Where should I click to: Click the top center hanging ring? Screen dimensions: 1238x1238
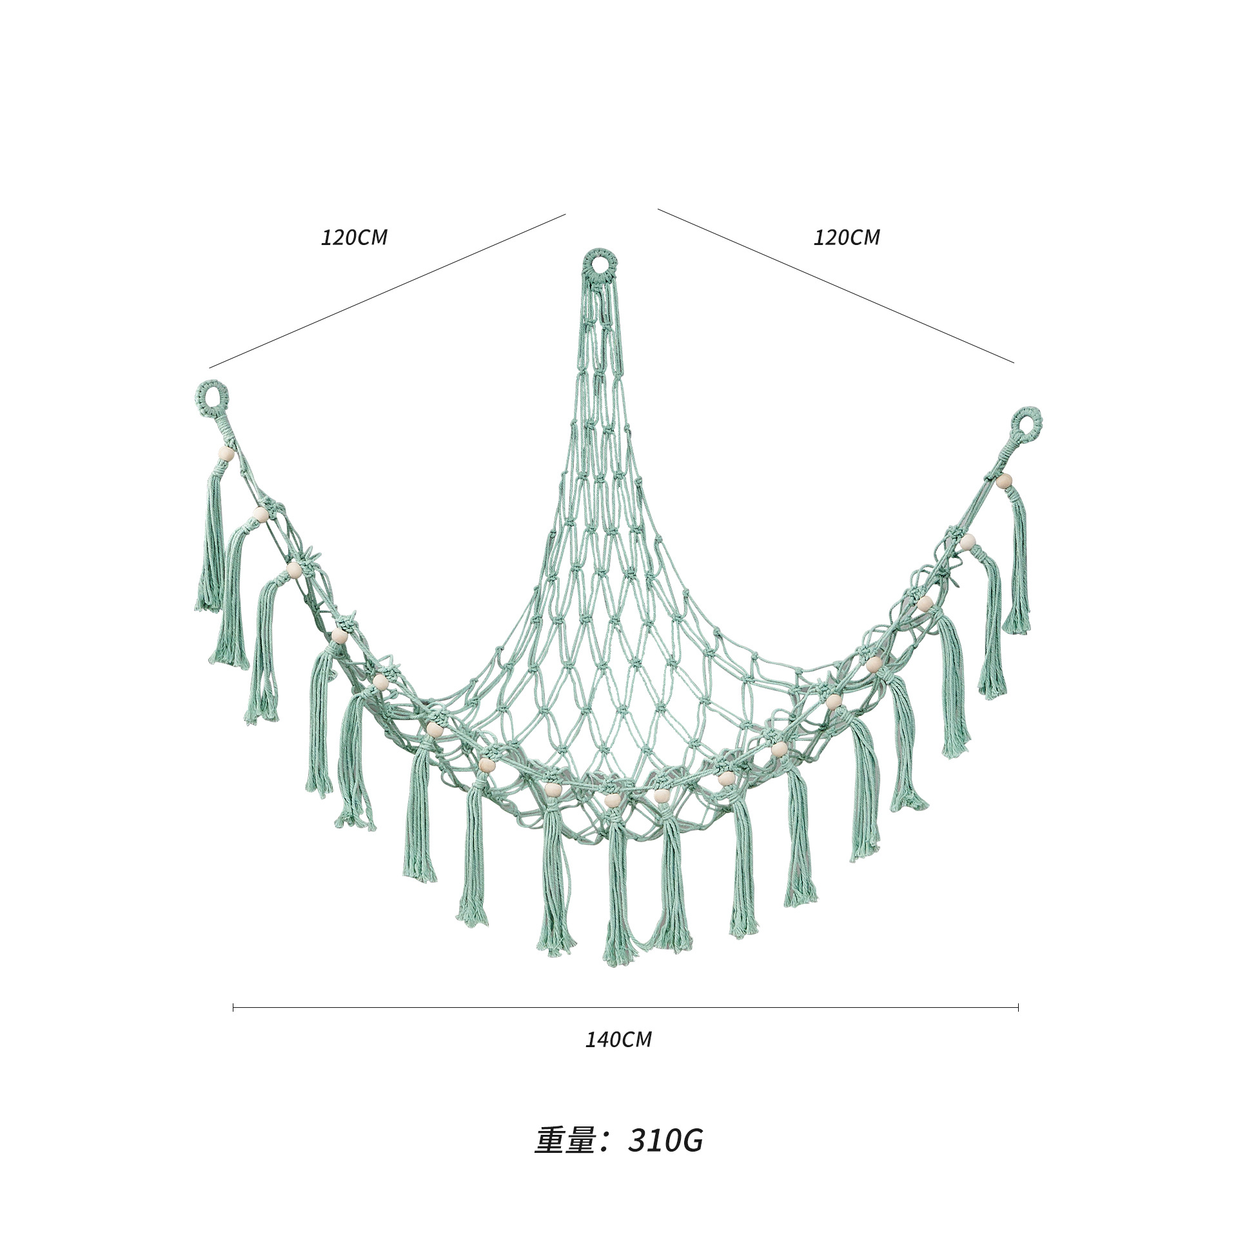600,253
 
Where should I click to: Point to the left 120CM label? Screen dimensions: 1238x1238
354,237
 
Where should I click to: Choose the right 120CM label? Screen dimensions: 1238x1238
846,237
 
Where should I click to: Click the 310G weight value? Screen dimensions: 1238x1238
665,1141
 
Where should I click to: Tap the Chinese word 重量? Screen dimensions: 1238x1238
563,1141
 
